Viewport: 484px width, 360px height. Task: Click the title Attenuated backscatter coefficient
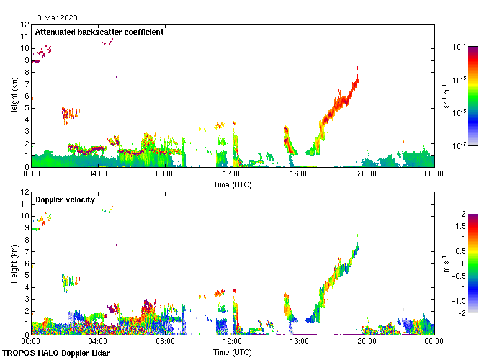(x=99, y=32)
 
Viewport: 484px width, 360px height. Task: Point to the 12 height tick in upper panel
(x=25, y=25)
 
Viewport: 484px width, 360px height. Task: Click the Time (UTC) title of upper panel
(x=233, y=184)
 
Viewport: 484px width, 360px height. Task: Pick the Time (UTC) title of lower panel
(x=233, y=352)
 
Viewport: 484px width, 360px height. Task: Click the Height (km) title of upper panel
(x=14, y=96)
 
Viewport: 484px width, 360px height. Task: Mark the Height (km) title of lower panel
(x=14, y=264)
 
